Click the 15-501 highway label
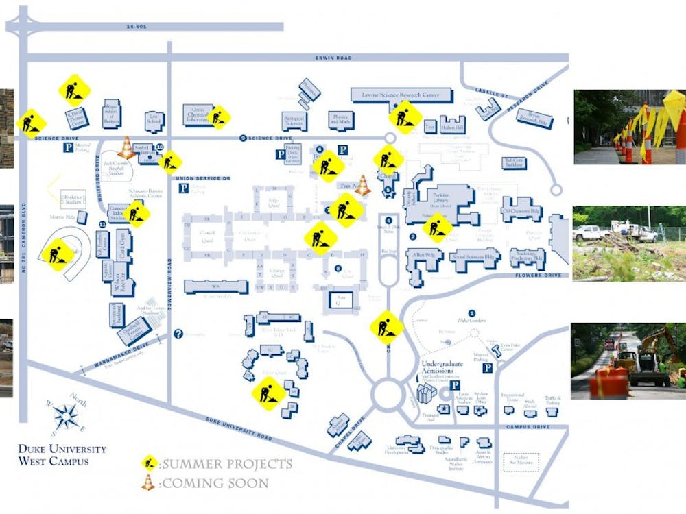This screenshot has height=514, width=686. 137,27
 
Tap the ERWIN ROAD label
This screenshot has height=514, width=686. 333,58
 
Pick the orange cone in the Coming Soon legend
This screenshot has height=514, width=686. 148,482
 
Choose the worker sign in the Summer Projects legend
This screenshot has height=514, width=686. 149,463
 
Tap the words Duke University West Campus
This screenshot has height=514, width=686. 62,455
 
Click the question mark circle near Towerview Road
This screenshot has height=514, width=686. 178,334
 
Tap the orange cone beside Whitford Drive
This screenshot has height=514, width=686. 126,147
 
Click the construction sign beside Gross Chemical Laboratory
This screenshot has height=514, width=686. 219,117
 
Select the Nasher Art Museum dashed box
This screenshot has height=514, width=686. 521,463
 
